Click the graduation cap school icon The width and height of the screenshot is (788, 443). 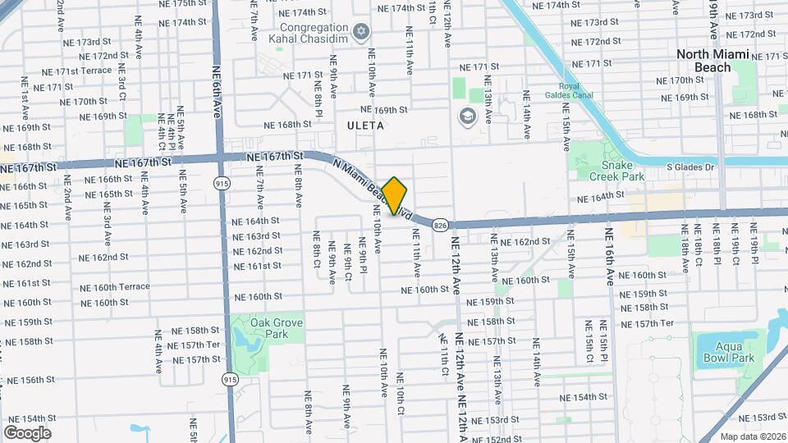coord(468,116)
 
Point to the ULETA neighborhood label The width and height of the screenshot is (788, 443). coord(365,126)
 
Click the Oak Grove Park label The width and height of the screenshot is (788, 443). coord(277,329)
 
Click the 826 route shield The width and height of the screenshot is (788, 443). coord(440,224)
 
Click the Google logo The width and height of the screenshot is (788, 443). coord(27,432)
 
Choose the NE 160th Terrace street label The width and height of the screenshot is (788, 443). coord(115,287)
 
